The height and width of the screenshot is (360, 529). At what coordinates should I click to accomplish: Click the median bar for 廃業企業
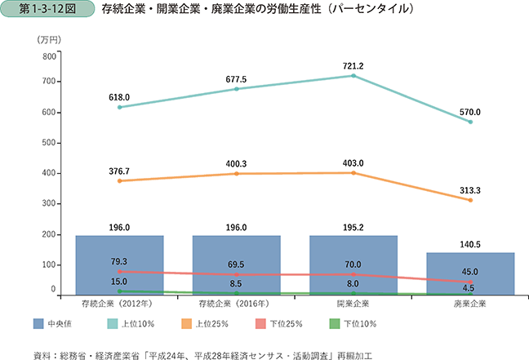point(470,273)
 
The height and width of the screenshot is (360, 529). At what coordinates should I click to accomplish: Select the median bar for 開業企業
point(353,265)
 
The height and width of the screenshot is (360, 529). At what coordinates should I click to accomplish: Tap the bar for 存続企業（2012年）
point(119,265)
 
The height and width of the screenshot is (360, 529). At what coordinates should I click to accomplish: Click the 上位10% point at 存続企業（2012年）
point(119,107)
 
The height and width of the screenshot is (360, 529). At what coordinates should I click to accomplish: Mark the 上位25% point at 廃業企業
point(470,200)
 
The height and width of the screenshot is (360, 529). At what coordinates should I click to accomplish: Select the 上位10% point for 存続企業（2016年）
point(236,88)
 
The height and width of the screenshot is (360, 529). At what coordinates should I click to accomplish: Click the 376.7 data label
point(119,171)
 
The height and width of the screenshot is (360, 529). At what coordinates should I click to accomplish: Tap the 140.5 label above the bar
point(470,242)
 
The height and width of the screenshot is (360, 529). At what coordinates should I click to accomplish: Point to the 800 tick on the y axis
point(47,56)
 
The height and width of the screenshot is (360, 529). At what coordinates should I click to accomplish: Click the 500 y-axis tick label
point(47,143)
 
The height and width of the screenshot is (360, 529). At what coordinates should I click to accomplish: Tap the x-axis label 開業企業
point(353,304)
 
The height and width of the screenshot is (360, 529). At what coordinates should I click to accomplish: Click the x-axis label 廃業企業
point(470,304)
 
